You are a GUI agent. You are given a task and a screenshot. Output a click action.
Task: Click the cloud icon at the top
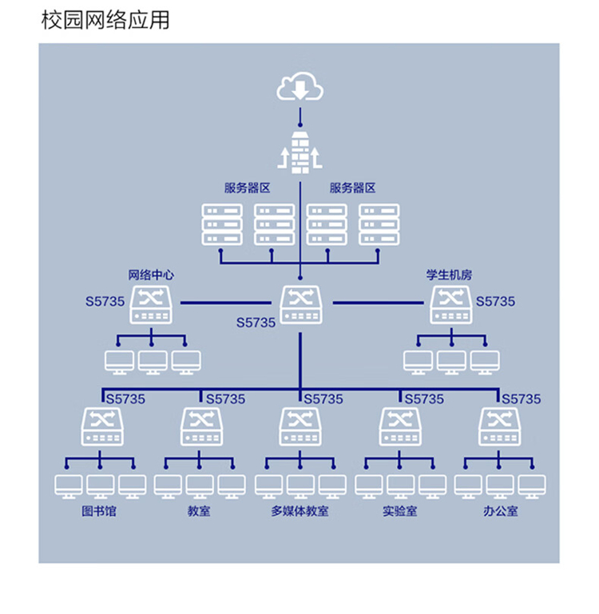tap(299, 86)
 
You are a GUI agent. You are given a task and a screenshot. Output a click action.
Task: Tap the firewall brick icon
tap(300, 153)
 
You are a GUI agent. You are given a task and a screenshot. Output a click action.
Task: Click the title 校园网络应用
tap(105, 20)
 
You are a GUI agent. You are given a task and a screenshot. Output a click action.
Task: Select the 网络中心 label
tap(151, 275)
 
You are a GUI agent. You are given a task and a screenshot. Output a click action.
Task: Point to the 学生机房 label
tap(450, 275)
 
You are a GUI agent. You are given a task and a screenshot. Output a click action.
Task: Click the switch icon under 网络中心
tap(151, 305)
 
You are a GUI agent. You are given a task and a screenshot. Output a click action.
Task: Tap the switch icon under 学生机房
tap(451, 305)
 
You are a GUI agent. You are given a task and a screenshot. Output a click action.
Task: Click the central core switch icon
tap(301, 305)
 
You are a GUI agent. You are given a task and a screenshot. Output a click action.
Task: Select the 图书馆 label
tap(99, 511)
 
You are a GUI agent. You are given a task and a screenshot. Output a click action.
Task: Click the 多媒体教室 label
tap(300, 511)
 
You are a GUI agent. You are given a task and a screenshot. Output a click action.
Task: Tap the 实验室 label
tap(400, 511)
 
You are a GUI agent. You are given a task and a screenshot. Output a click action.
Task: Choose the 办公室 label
tap(501, 511)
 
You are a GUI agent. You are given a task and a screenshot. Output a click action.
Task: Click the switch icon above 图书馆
tap(102, 427)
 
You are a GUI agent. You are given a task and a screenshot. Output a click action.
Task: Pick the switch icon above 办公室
tap(499, 427)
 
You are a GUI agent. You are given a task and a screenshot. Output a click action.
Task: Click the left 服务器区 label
tap(248, 188)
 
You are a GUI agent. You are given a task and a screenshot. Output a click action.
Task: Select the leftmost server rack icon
tap(222, 225)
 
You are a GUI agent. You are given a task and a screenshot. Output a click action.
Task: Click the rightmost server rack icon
tap(379, 225)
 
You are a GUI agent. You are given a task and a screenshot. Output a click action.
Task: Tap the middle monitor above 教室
tap(200, 487)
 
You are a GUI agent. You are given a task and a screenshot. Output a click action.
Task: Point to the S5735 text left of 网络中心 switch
tap(105, 302)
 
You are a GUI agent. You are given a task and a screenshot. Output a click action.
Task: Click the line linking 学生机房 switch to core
tap(378, 303)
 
